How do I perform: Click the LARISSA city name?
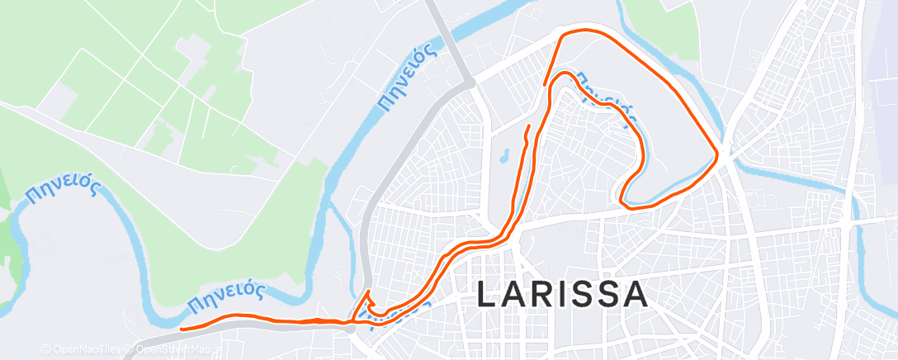562,296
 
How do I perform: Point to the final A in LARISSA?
635,296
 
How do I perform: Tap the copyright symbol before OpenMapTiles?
45,350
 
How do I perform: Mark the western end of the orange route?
182,327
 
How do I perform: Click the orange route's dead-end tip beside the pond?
528,126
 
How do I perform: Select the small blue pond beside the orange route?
501,154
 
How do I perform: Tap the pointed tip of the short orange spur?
368,292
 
